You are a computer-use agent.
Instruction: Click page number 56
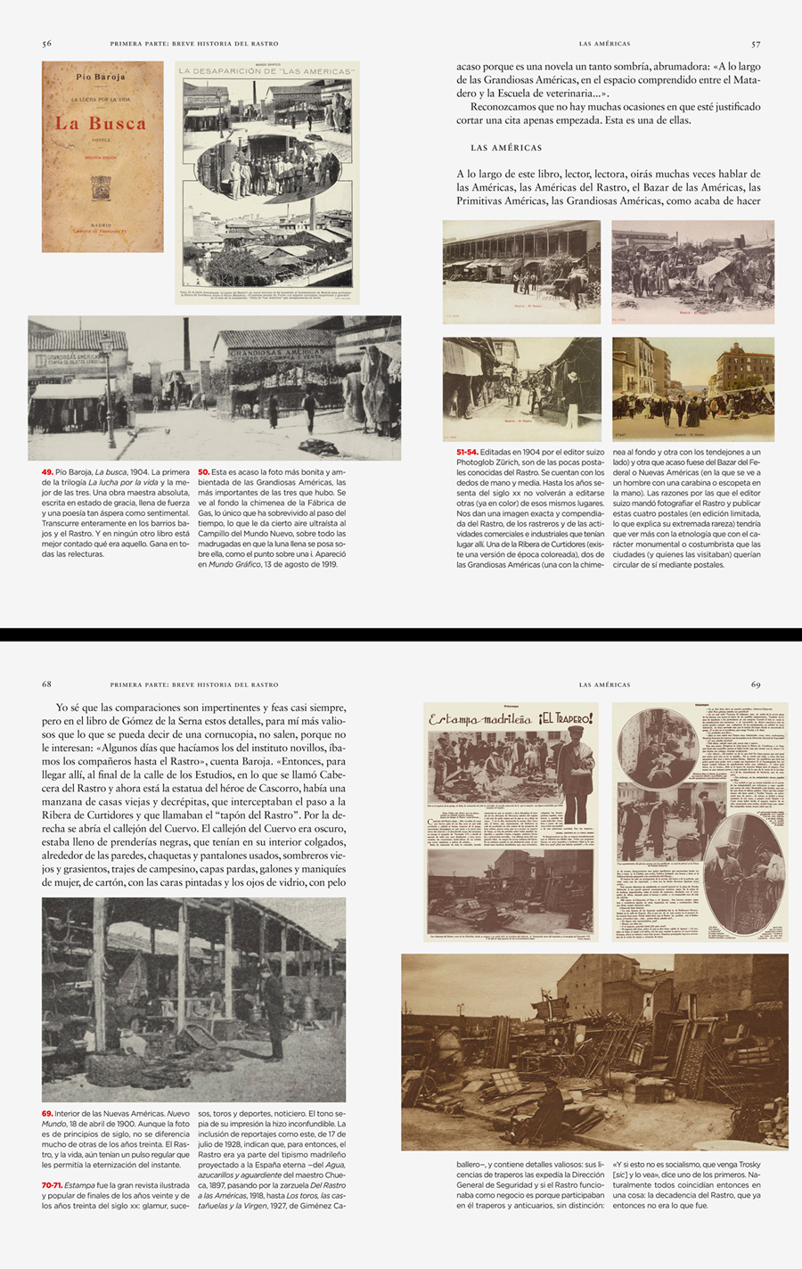tap(46, 44)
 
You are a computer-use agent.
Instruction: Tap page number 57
tap(756, 44)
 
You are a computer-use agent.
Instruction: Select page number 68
tap(46, 684)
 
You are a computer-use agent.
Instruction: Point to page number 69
tap(756, 684)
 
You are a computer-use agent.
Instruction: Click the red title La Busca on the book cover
tap(101, 124)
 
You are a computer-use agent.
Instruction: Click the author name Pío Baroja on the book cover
tap(101, 78)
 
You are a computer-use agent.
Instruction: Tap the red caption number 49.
tap(47, 472)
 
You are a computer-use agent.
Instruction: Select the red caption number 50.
tap(203, 472)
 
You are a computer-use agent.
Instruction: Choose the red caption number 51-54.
tap(467, 452)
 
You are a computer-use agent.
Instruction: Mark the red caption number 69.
tap(47, 1114)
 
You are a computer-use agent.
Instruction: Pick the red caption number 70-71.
tap(52, 1185)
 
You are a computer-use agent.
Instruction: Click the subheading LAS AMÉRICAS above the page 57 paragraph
tap(505, 148)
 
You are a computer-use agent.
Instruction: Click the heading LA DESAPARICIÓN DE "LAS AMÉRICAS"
tap(266, 71)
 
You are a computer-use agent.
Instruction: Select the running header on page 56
tap(194, 44)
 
